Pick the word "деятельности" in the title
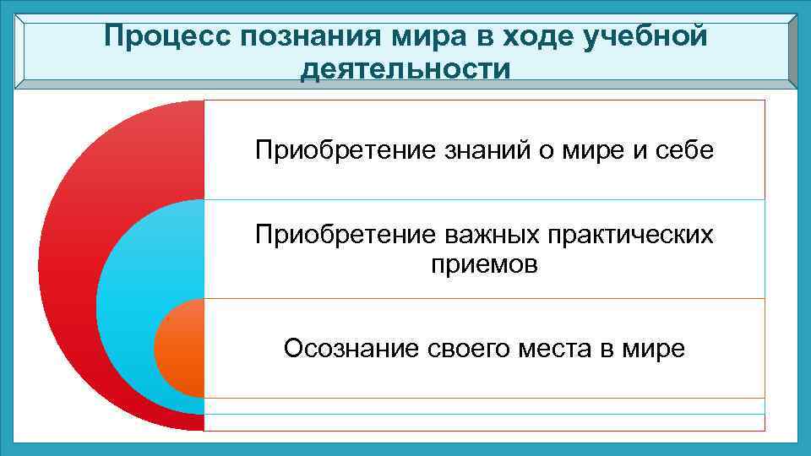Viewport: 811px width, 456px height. pyautogui.click(x=405, y=68)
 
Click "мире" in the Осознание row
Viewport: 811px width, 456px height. pyautogui.click(x=654, y=348)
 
